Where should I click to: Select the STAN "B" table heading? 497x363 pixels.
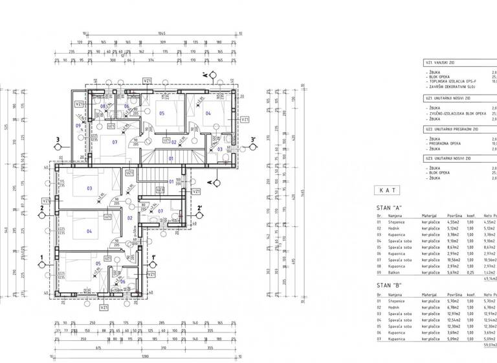pos(388,285)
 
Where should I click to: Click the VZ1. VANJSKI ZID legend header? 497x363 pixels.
pos(443,62)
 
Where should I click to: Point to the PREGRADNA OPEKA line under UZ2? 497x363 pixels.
pos(447,143)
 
